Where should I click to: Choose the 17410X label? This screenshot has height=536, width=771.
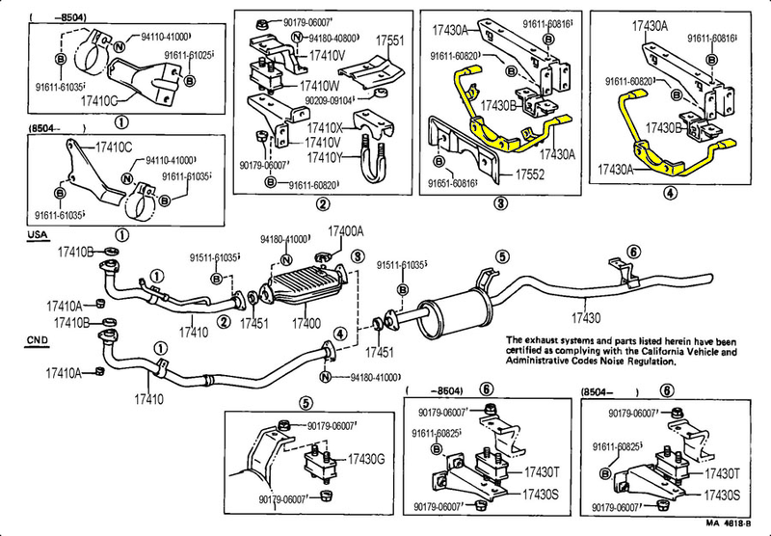click(325, 126)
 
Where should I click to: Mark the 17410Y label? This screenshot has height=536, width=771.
click(325, 157)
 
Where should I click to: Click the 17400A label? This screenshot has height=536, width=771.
click(346, 231)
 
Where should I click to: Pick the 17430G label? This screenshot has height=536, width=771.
click(366, 459)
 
